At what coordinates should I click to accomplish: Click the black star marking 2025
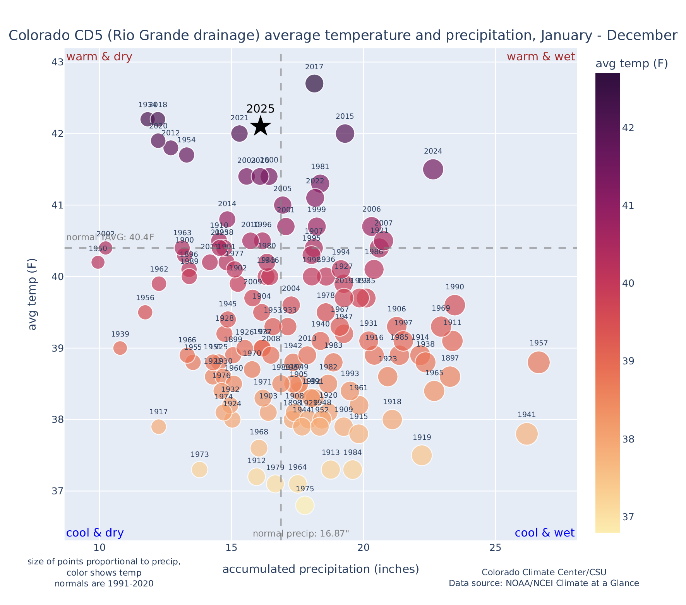pyautogui.click(x=261, y=126)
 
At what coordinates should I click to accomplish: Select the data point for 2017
pyautogui.click(x=314, y=83)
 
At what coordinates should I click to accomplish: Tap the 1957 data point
pyautogui.click(x=538, y=362)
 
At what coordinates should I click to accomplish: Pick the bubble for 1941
pyautogui.click(x=527, y=434)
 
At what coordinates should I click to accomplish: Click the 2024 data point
pyautogui.click(x=433, y=169)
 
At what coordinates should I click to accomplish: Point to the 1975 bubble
pyautogui.click(x=305, y=506)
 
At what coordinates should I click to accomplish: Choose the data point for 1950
pyautogui.click(x=98, y=262)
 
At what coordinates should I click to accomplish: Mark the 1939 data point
pyautogui.click(x=120, y=348)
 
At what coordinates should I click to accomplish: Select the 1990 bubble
pyautogui.click(x=454, y=305)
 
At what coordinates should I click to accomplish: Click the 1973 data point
pyautogui.click(x=199, y=470)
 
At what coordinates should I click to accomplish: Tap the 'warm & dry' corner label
pyautogui.click(x=99, y=57)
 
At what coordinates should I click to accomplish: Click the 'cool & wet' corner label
pyautogui.click(x=544, y=533)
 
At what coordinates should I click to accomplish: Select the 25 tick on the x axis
pyautogui.click(x=496, y=548)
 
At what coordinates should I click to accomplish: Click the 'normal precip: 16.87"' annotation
pyautogui.click(x=301, y=534)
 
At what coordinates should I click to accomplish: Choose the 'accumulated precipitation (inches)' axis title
pyautogui.click(x=321, y=569)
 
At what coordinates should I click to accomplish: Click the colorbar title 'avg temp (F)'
pyautogui.click(x=631, y=64)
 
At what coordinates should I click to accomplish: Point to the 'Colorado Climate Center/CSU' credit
pyautogui.click(x=544, y=573)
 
